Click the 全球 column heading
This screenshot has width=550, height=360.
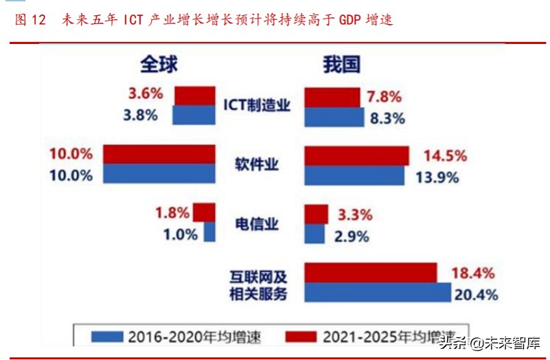(x=159, y=65)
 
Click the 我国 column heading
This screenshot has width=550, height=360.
(x=342, y=65)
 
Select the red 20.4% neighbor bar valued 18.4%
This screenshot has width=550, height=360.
(x=371, y=273)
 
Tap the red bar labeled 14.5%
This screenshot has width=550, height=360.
(x=356, y=156)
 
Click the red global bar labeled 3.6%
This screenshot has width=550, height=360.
(x=195, y=95)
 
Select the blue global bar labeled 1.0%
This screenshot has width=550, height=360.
(x=209, y=232)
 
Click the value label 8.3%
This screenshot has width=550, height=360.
(x=387, y=117)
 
